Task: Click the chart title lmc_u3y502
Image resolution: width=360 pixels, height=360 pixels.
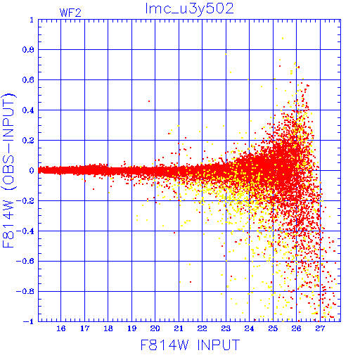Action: click(x=189, y=9)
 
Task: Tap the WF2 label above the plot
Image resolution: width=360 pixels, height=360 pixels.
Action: click(x=70, y=13)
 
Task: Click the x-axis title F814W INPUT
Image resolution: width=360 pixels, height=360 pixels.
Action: click(x=190, y=345)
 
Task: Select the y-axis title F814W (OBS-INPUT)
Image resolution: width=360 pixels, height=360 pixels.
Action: click(x=9, y=170)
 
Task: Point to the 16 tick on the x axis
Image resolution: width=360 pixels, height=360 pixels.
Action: click(x=61, y=328)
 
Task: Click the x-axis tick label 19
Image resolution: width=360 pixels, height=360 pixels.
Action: click(x=131, y=328)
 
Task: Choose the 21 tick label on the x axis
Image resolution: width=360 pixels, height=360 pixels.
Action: click(x=179, y=328)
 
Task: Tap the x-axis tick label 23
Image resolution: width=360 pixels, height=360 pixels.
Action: click(x=226, y=328)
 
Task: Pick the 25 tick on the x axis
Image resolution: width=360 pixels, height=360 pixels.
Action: click(x=273, y=328)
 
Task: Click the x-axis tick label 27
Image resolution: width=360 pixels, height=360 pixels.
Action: click(x=320, y=328)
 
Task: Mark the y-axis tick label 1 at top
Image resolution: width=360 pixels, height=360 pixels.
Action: click(x=32, y=20)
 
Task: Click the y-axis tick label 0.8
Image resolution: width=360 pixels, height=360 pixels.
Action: click(x=28, y=50)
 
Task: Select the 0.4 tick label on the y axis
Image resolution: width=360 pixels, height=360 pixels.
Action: click(x=28, y=110)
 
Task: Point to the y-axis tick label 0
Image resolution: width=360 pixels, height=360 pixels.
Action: click(x=32, y=170)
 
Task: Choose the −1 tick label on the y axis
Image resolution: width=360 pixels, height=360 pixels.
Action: click(x=29, y=321)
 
